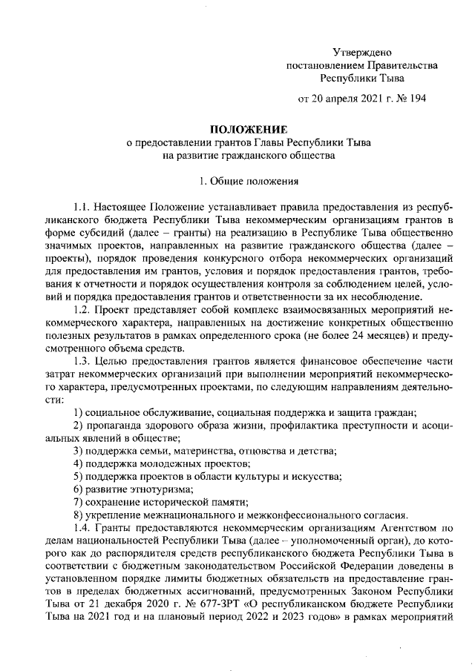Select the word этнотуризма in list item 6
coord(158,489)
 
